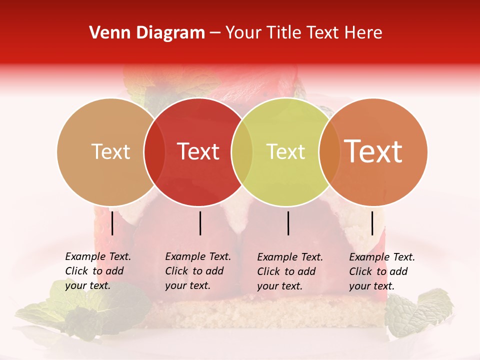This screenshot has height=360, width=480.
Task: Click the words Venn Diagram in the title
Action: (x=146, y=33)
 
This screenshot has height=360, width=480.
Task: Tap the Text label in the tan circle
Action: (x=111, y=151)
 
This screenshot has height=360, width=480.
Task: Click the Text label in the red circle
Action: (x=198, y=151)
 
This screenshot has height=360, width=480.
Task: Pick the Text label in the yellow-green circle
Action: (x=285, y=151)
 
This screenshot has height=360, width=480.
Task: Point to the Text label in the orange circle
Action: (x=373, y=151)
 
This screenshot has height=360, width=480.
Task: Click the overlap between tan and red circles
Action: (x=154, y=151)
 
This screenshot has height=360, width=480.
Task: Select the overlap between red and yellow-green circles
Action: (x=242, y=151)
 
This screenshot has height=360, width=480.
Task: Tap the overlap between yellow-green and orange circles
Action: (x=329, y=151)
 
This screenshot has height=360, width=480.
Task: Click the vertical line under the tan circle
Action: (x=112, y=223)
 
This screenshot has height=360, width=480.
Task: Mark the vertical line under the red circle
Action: (x=200, y=223)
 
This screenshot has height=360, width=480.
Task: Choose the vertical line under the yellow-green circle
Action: (x=288, y=223)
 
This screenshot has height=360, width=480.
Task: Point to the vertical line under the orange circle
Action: (x=372, y=223)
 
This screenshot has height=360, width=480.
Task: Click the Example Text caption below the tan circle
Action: (x=97, y=271)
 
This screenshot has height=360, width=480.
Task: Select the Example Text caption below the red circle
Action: (x=197, y=271)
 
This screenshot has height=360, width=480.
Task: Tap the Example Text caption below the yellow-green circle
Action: (x=290, y=271)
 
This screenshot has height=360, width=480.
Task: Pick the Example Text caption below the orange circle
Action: (x=382, y=271)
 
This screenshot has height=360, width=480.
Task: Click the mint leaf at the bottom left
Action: (x=85, y=307)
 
